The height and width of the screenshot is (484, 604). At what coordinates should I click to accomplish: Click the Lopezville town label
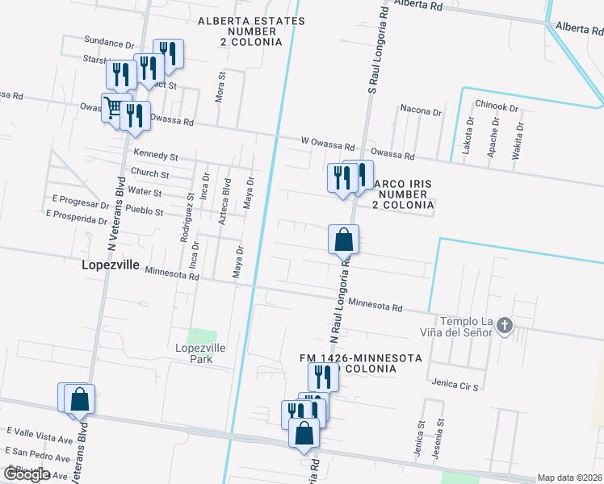pos(111,264)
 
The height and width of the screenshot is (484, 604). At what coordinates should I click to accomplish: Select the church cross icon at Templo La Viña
pos(505,326)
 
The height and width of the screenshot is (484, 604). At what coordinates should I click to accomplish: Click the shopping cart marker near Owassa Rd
pos(114,106)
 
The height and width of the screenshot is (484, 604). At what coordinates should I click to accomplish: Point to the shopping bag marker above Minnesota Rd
pos(343,239)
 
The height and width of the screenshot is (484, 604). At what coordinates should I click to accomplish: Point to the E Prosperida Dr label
pos(78,215)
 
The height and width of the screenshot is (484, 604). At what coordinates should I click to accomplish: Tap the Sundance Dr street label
pos(108,43)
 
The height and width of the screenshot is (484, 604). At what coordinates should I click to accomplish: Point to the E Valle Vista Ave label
pos(39,436)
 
